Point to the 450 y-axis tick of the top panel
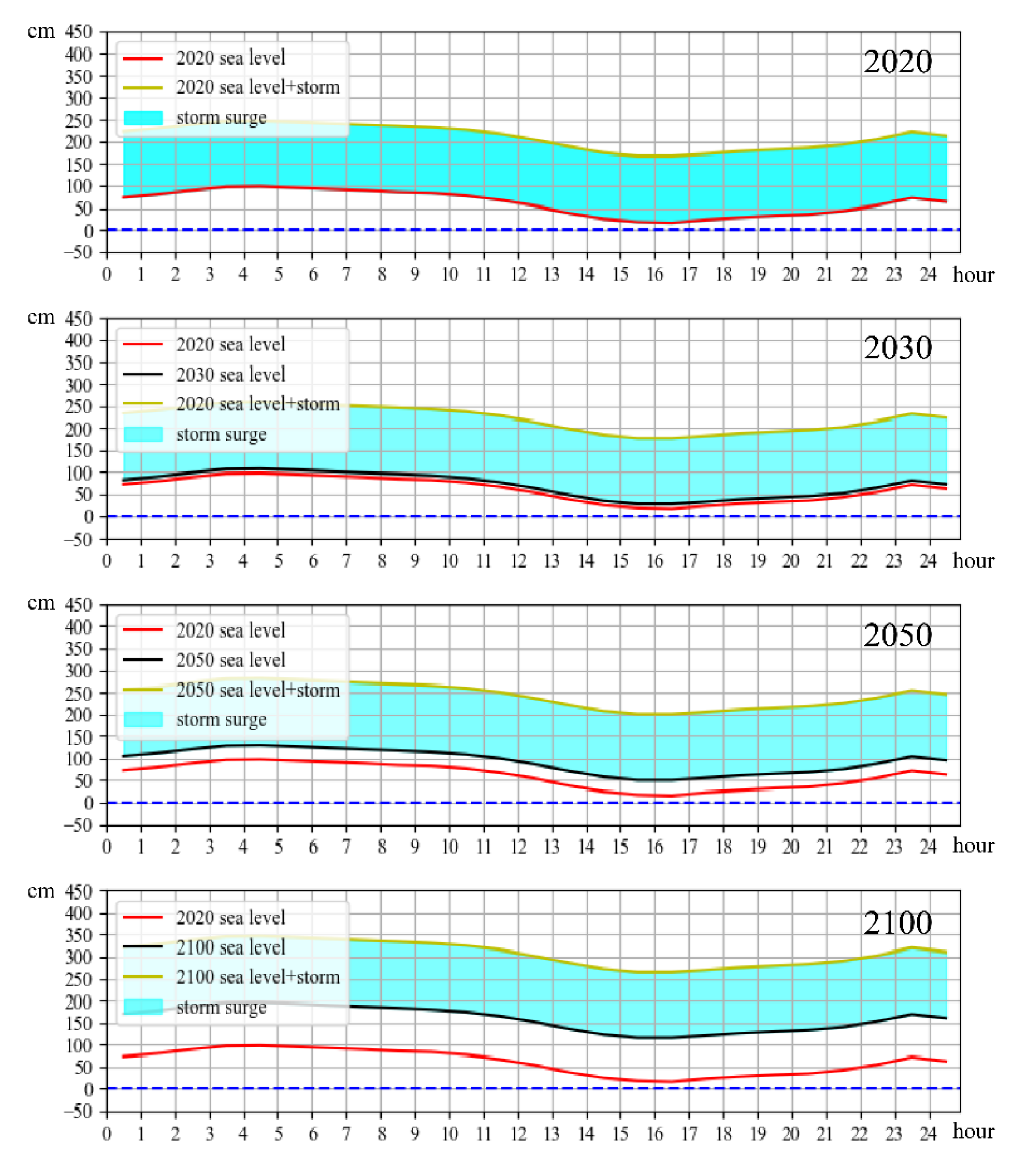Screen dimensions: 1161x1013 [79, 32]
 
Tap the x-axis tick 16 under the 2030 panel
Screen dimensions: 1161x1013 [655, 561]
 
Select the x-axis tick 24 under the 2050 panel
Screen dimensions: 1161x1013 [928, 847]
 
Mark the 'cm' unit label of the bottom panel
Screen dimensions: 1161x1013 [41, 891]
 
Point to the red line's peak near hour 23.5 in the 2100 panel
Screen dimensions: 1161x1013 [912, 1056]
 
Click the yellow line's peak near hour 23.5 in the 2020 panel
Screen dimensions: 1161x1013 [912, 132]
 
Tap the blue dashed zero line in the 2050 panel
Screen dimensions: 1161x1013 [509, 803]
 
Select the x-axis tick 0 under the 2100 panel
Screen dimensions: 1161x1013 [107, 1134]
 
